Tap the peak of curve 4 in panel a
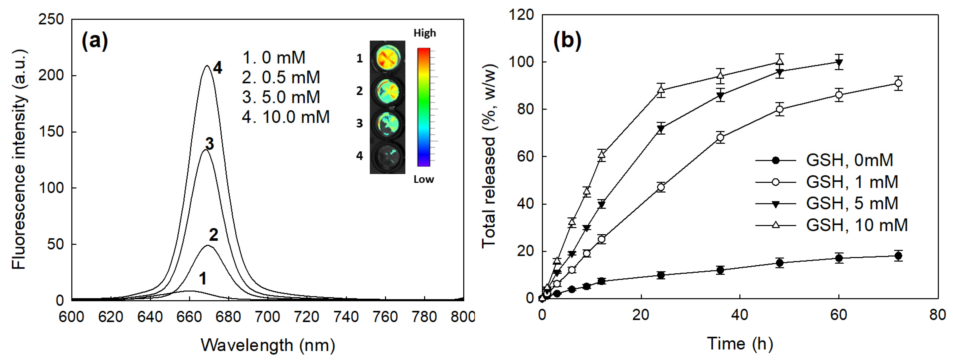pyautogui.click(x=207, y=66)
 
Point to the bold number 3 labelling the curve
pyautogui.click(x=209, y=143)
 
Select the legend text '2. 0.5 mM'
pyautogui.click(x=281, y=77)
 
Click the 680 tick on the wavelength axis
pyautogui.click(x=228, y=317)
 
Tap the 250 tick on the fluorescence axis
pyautogui.click(x=51, y=19)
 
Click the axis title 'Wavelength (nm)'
pyautogui.click(x=268, y=345)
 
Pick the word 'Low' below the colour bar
pyautogui.click(x=423, y=179)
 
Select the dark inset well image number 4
pyautogui.click(x=387, y=156)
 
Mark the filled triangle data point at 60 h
pyautogui.click(x=839, y=62)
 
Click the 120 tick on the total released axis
pyautogui.click(x=521, y=15)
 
